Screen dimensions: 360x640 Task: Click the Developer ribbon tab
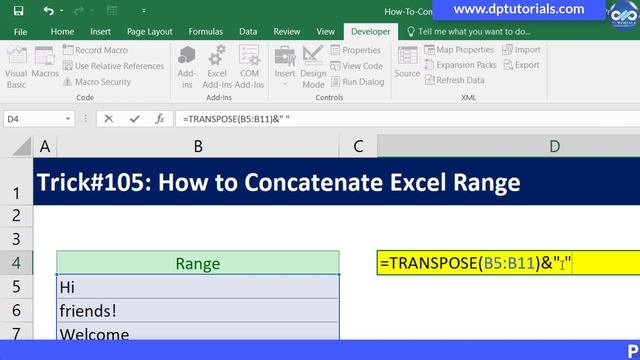coord(370,31)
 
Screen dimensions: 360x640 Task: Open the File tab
coord(20,31)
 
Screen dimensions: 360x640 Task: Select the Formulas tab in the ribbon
coord(205,31)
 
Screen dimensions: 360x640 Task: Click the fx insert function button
coord(159,118)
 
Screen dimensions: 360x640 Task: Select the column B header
coord(198,147)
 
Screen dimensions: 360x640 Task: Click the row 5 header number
coord(16,287)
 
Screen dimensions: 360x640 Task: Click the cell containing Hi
coord(198,287)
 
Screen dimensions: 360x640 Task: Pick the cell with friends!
coord(198,311)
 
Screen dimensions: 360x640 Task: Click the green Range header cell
coord(198,264)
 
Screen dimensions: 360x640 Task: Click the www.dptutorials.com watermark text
coord(518,9)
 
